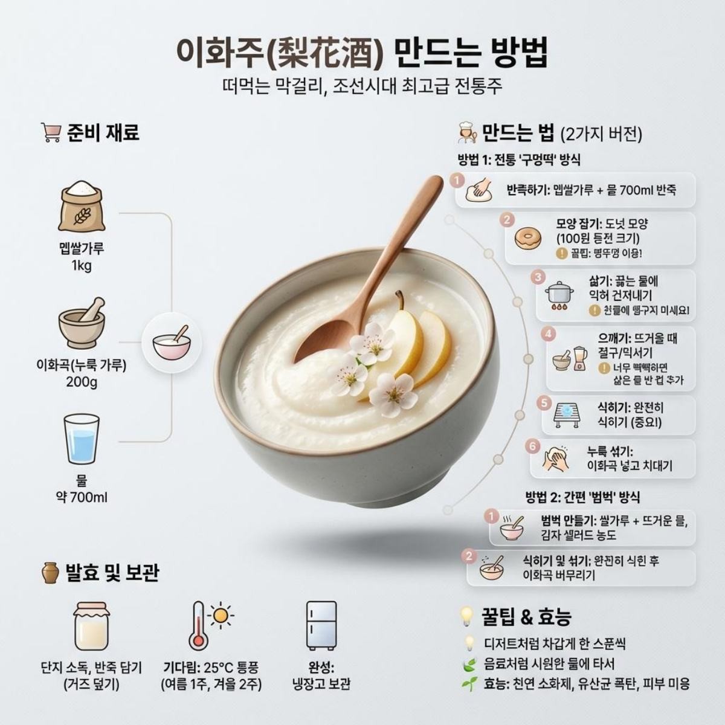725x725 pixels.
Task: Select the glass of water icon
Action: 81,439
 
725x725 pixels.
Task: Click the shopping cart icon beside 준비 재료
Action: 50,132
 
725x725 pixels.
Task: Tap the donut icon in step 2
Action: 527,238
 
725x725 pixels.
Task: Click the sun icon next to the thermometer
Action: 221,616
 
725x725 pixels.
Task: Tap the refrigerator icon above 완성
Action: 321,625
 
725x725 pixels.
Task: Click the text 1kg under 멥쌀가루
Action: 82,266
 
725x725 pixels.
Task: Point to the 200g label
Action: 82,382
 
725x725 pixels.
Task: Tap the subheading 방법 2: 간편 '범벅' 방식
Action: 582,497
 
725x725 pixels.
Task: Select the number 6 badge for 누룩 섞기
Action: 532,446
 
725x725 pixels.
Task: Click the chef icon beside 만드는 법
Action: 467,132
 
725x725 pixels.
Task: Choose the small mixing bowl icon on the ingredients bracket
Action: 172,343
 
